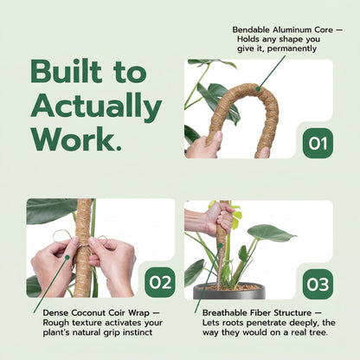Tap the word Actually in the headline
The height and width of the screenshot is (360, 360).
95,106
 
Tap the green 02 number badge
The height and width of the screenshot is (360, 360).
160,282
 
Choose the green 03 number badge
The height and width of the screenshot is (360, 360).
317,283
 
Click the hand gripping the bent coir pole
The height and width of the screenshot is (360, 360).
204,145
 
